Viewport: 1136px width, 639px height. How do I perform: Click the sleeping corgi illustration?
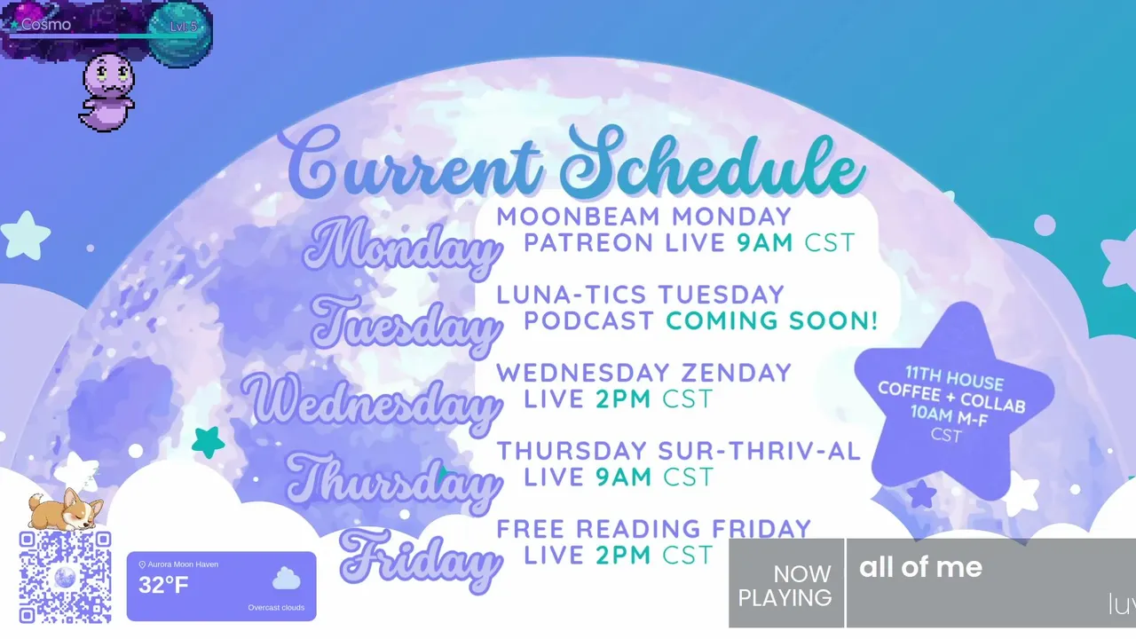pos(66,509)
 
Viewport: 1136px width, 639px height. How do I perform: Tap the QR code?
pos(65,577)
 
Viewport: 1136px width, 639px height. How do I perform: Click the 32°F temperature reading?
pos(163,585)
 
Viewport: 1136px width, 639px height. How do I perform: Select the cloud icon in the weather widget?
pos(287,579)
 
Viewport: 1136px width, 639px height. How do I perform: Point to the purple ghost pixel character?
pos(107,91)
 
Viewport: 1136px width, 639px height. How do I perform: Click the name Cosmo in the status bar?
pos(45,24)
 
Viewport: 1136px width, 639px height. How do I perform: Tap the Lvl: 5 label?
pos(183,27)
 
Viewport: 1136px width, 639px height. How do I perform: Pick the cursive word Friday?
pos(421,560)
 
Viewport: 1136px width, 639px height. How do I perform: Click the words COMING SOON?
pos(772,320)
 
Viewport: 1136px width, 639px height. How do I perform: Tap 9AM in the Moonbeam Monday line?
pos(765,242)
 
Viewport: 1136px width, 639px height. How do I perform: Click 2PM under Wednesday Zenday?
pos(623,399)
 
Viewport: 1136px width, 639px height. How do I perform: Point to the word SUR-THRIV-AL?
pos(760,451)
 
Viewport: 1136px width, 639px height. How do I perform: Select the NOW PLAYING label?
pos(785,587)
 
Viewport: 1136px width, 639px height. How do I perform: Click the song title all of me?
pos(920,567)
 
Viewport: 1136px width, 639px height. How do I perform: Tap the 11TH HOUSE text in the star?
pos(954,379)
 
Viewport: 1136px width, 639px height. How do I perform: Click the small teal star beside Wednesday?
pos(208,442)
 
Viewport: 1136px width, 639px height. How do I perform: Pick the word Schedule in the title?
pos(713,162)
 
